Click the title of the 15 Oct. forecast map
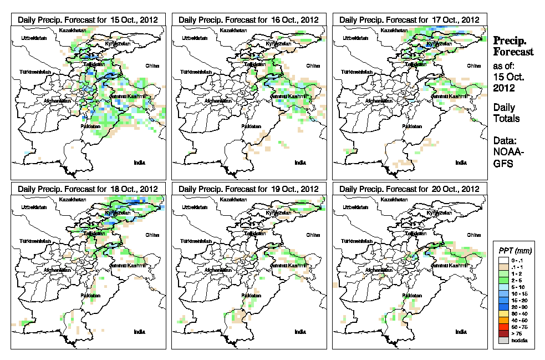click(88, 19)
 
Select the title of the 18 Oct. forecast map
click(88, 189)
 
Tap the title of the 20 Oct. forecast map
click(409, 189)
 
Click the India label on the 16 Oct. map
click(300, 163)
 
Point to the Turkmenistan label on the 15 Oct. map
click(35, 73)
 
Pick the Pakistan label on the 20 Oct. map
click(412, 296)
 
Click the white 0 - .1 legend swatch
click(503, 260)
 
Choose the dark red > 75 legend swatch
click(503, 334)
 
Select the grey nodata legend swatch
click(503, 341)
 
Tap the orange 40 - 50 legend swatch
click(503, 321)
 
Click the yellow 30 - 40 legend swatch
click(503, 314)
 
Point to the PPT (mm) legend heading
click(516, 251)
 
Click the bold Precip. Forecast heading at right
click(513, 46)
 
